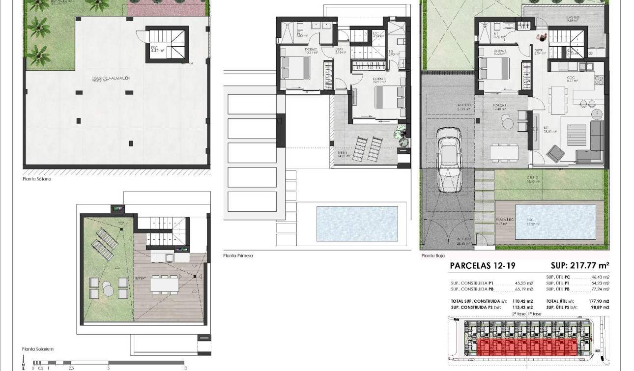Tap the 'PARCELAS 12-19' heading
click(x=482, y=266)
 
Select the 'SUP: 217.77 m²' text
click(x=580, y=266)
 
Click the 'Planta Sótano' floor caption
click(x=37, y=179)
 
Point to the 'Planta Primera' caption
click(x=238, y=256)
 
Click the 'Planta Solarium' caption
click(x=38, y=349)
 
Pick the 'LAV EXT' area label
click(x=573, y=18)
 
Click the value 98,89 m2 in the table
click(x=600, y=307)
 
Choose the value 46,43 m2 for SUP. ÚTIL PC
click(x=600, y=278)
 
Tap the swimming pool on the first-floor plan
click(x=357, y=224)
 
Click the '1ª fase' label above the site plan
click(x=534, y=314)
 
